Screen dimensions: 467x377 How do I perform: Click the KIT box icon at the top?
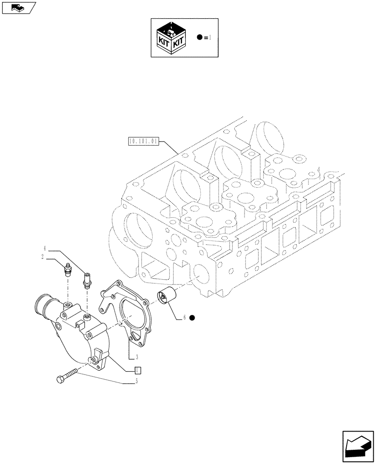(x=171, y=37)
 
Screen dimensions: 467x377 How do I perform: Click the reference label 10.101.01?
(x=143, y=141)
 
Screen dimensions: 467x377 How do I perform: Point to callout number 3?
(x=136, y=357)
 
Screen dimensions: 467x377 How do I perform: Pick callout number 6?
(x=185, y=318)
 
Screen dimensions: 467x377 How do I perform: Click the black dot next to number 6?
(x=192, y=318)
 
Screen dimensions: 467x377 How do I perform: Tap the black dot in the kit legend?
(x=199, y=37)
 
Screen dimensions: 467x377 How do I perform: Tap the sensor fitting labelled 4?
(x=86, y=281)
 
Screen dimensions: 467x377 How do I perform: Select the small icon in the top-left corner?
(x=19, y=7)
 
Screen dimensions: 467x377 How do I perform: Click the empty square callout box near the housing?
(x=137, y=371)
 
